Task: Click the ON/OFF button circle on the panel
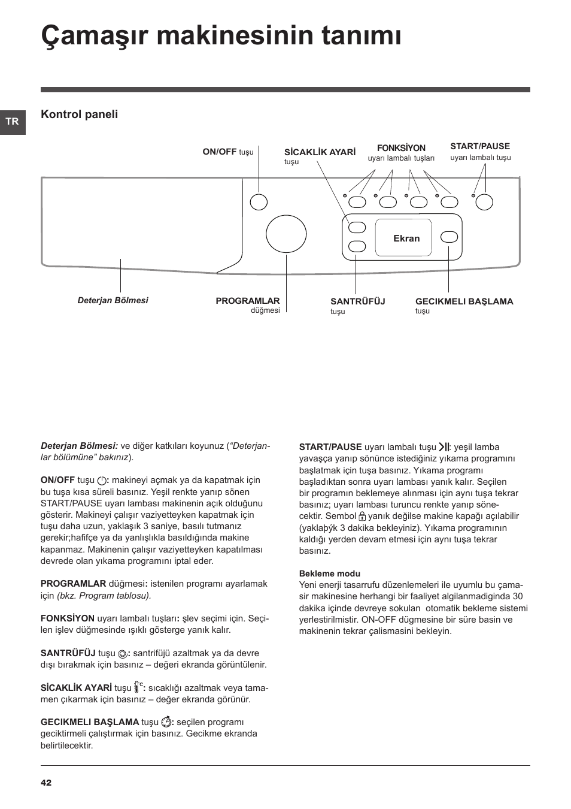coord(259,202)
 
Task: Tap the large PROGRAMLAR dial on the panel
coord(286,234)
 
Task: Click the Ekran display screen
coord(406,238)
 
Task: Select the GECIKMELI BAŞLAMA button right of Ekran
coord(449,237)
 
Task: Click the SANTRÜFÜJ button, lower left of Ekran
coord(357,246)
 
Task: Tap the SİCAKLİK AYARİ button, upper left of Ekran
coord(357,227)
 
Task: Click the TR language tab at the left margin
coord(12,122)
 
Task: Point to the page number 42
coord(46,783)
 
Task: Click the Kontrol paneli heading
coord(79,114)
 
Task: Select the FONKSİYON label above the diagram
coord(401,148)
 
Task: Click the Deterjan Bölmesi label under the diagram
coord(113,300)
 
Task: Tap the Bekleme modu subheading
coord(330,573)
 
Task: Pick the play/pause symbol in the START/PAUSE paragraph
coord(444,447)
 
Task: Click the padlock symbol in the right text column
coord(362,516)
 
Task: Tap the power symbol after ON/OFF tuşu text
coord(102,481)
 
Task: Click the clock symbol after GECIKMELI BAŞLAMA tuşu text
coord(166,722)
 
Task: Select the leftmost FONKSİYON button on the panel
coord(358,202)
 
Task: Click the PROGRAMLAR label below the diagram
coord(247,301)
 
